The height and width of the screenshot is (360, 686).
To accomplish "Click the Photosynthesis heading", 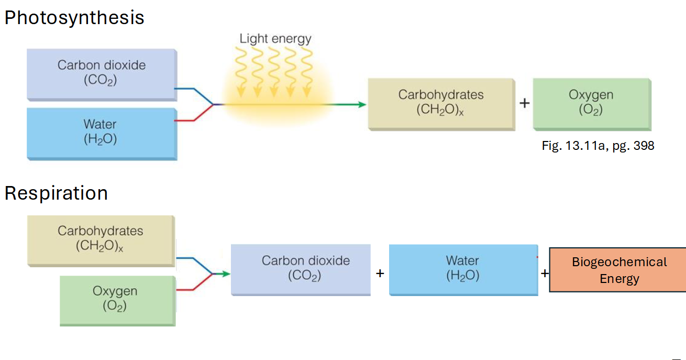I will pyautogui.click(x=74, y=18).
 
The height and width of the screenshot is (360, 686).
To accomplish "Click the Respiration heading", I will pyautogui.click(x=56, y=193).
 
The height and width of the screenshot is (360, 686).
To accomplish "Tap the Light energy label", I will pyautogui.click(x=275, y=38).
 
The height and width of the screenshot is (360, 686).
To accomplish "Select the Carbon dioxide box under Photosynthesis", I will pyautogui.click(x=102, y=73).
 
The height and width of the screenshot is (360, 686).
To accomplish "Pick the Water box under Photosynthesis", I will pyautogui.click(x=102, y=133).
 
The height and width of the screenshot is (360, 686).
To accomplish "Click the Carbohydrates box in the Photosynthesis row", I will pyautogui.click(x=441, y=103).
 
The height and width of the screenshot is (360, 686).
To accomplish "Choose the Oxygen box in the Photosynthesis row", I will pyautogui.click(x=591, y=103).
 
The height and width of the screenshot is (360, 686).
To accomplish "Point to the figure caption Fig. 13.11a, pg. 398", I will pyautogui.click(x=598, y=146).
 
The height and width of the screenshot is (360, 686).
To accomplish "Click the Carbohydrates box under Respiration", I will pyautogui.click(x=101, y=239).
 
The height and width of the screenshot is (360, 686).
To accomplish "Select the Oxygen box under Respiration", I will pyautogui.click(x=117, y=300).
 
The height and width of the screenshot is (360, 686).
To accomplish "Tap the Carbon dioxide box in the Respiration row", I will pyautogui.click(x=301, y=269).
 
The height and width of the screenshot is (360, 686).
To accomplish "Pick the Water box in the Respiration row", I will pyautogui.click(x=463, y=269).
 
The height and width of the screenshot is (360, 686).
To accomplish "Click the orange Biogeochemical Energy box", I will pyautogui.click(x=618, y=270).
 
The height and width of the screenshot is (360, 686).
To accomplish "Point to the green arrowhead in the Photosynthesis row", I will pyautogui.click(x=361, y=105).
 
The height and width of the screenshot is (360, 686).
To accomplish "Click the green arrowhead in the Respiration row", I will pyautogui.click(x=226, y=274).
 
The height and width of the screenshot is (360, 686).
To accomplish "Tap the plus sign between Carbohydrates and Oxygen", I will pyautogui.click(x=524, y=103).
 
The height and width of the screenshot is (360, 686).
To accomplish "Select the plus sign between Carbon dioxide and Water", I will pyautogui.click(x=380, y=274).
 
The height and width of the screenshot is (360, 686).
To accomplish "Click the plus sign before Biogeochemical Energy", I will pyautogui.click(x=545, y=274).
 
